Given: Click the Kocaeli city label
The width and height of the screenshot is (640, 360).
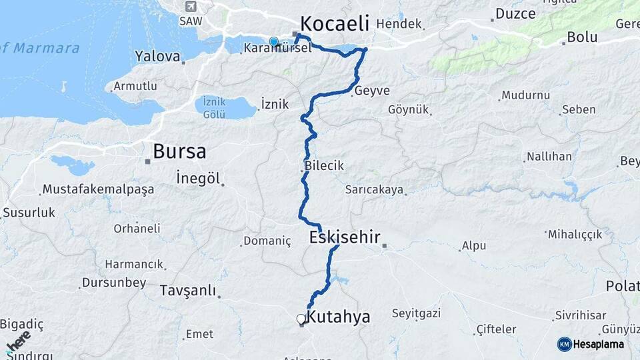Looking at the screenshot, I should [334, 24].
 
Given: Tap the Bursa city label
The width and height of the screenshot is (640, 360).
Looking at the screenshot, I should [179, 151].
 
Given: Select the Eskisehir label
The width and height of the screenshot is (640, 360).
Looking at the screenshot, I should [345, 237].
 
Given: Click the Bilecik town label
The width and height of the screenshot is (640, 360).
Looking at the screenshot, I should [324, 166].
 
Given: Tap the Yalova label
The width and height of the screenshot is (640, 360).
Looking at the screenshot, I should [157, 56].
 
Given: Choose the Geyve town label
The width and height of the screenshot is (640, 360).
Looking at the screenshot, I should [372, 91].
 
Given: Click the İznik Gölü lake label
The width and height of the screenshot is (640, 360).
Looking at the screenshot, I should [215, 107].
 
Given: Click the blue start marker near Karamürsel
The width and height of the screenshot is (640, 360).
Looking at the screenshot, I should [273, 42].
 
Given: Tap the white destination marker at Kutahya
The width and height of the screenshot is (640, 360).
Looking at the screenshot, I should [301, 319].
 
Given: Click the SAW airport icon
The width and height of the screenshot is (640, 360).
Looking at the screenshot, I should [192, 7].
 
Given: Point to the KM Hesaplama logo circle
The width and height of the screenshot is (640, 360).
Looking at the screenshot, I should [565, 344].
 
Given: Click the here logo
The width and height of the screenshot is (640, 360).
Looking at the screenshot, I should [18, 341].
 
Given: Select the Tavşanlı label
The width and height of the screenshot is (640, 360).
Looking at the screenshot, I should [188, 291].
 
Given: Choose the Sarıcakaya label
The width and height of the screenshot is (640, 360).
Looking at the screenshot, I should [374, 190].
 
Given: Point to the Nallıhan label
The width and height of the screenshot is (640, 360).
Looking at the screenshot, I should [549, 157].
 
